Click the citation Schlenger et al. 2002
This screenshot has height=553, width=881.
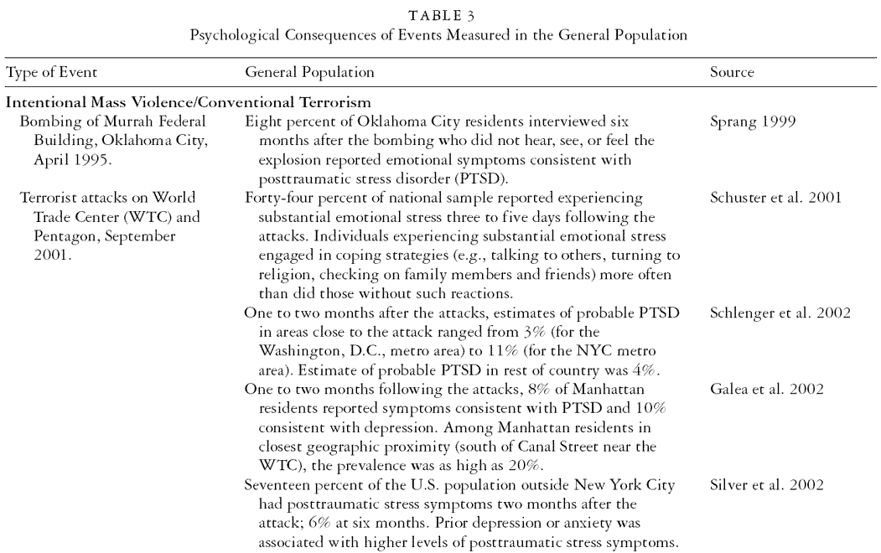tap(769, 311)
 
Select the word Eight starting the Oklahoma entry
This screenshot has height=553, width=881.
tap(261, 120)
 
